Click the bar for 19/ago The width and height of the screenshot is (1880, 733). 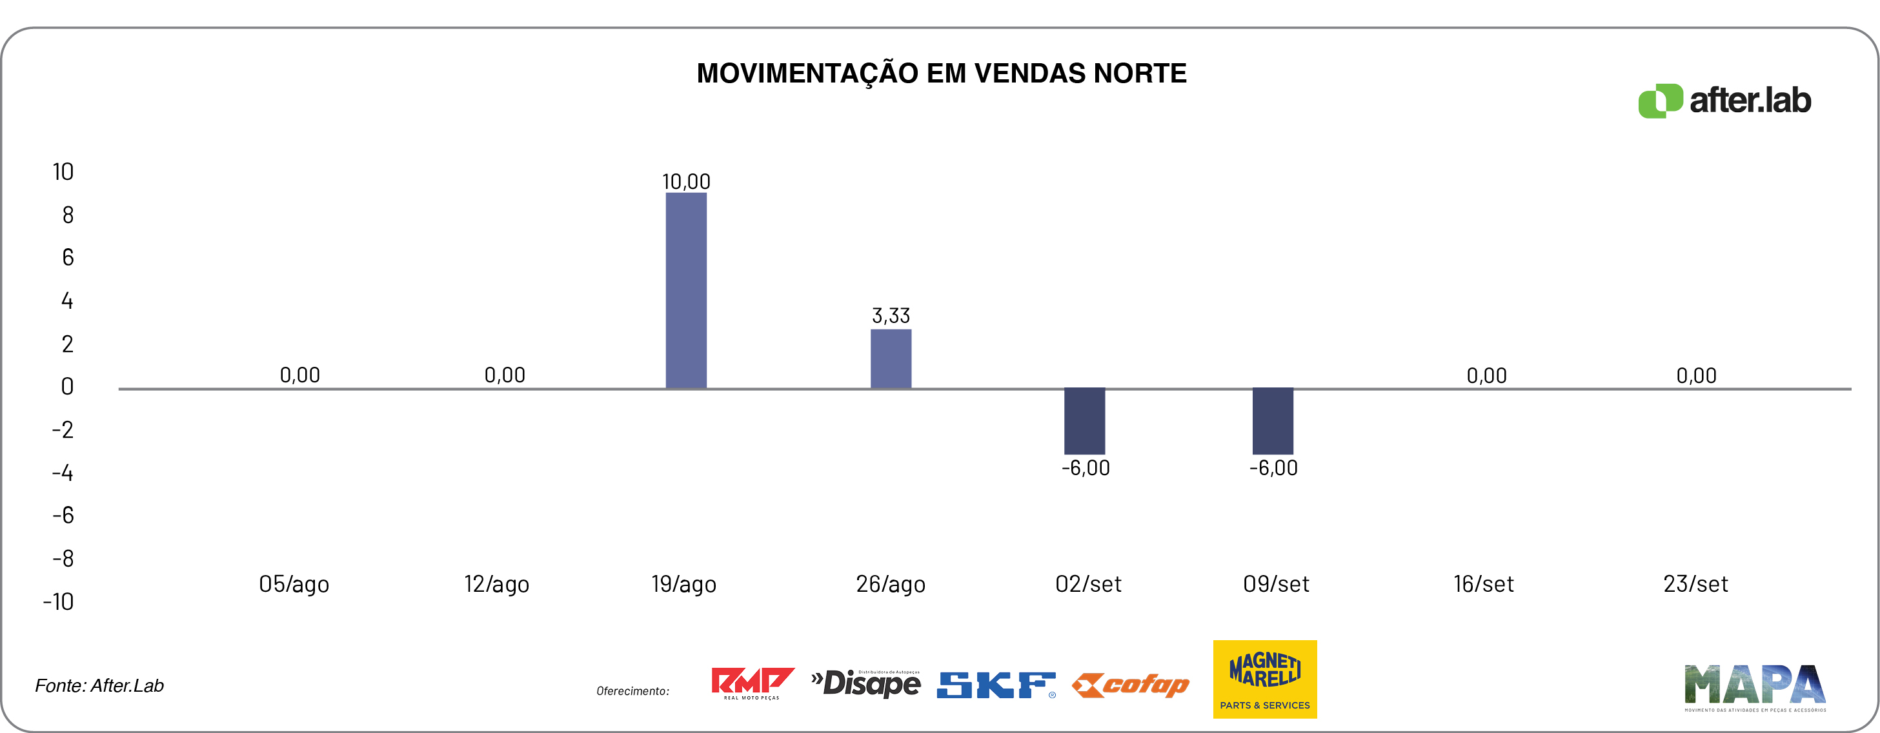coord(686,290)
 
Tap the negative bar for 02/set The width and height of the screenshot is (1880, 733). coord(1084,421)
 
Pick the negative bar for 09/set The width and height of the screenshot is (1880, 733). coord(1273,421)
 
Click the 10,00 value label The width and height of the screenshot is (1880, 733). coord(686,182)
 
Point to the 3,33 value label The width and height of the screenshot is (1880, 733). coord(891,316)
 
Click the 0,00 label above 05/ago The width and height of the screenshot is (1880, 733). coord(300,375)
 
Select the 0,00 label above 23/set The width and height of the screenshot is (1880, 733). coord(1696,376)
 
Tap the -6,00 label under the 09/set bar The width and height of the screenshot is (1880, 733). coord(1273,468)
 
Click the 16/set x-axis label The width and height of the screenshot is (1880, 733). coord(1483,584)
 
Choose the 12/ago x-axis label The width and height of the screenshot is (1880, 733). coord(496,584)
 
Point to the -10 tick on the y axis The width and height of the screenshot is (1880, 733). coord(58,601)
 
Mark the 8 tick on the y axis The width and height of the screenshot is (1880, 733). coord(68,215)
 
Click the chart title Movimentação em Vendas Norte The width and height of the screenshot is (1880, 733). coord(941,73)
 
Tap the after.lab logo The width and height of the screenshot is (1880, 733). coord(1724,101)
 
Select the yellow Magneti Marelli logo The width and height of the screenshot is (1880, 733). coord(1265,679)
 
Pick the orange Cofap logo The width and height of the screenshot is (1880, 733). coord(1131,685)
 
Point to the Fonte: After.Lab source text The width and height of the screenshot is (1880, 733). coord(99,685)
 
